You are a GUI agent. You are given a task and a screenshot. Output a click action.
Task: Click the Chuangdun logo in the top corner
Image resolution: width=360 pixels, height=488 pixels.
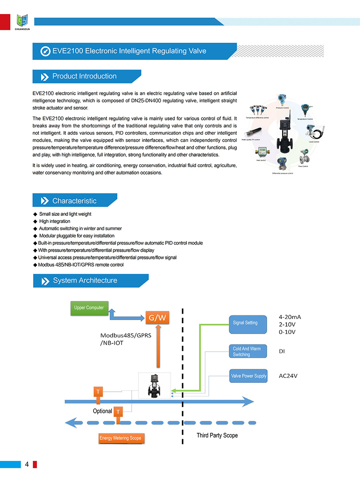(x=23, y=21)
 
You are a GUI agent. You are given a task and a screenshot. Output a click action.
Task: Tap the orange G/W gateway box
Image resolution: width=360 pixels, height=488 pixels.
(x=157, y=318)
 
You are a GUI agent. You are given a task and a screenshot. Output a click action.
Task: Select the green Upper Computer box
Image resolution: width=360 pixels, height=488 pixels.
(x=89, y=308)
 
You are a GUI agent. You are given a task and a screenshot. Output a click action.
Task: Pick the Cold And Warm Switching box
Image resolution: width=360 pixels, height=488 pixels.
(x=248, y=352)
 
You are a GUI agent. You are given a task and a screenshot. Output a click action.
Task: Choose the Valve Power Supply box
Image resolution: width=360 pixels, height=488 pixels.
(x=248, y=376)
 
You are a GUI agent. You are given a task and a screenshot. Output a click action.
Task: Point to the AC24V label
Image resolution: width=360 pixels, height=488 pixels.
(x=288, y=376)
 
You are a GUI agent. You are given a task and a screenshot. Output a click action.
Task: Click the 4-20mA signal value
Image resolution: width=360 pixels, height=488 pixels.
(x=290, y=317)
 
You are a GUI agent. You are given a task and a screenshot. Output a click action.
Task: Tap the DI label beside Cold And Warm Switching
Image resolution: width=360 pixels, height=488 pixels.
(x=282, y=351)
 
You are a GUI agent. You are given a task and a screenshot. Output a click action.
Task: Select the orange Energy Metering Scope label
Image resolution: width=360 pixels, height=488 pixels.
(x=120, y=438)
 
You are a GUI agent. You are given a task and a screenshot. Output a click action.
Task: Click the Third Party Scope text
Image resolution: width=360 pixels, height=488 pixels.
(x=217, y=435)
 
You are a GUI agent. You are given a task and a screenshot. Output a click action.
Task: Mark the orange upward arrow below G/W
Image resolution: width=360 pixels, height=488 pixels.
(x=158, y=346)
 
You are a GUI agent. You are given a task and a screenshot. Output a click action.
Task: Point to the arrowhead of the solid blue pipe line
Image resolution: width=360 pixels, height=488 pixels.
(x=249, y=401)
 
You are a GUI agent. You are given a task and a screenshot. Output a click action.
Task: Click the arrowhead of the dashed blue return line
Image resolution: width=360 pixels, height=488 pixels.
(x=71, y=422)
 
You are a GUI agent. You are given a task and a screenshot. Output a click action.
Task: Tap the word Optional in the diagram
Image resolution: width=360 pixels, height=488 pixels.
(x=102, y=411)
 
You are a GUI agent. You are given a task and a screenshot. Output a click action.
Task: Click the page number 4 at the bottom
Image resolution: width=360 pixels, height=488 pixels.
(x=27, y=464)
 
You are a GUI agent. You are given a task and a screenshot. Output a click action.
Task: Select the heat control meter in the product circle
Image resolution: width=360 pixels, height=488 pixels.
(x=262, y=152)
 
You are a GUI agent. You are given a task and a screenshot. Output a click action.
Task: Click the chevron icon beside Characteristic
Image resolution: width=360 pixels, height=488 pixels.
(x=45, y=201)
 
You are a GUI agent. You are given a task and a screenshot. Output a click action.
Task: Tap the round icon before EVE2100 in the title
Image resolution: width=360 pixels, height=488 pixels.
(x=46, y=51)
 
